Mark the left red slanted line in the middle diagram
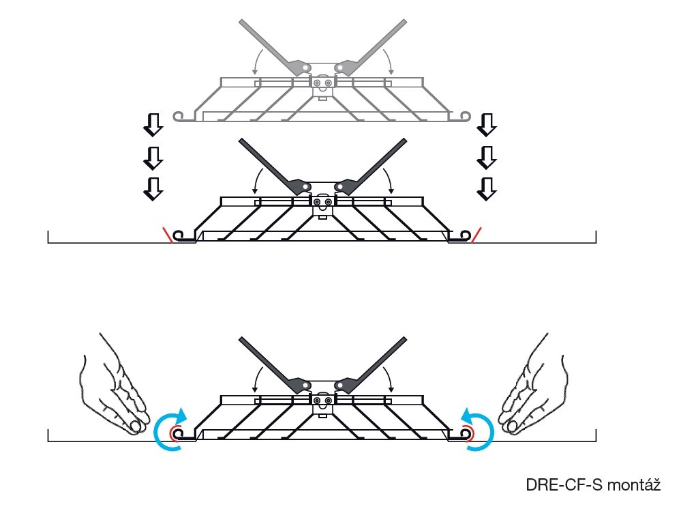coord(167,234)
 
